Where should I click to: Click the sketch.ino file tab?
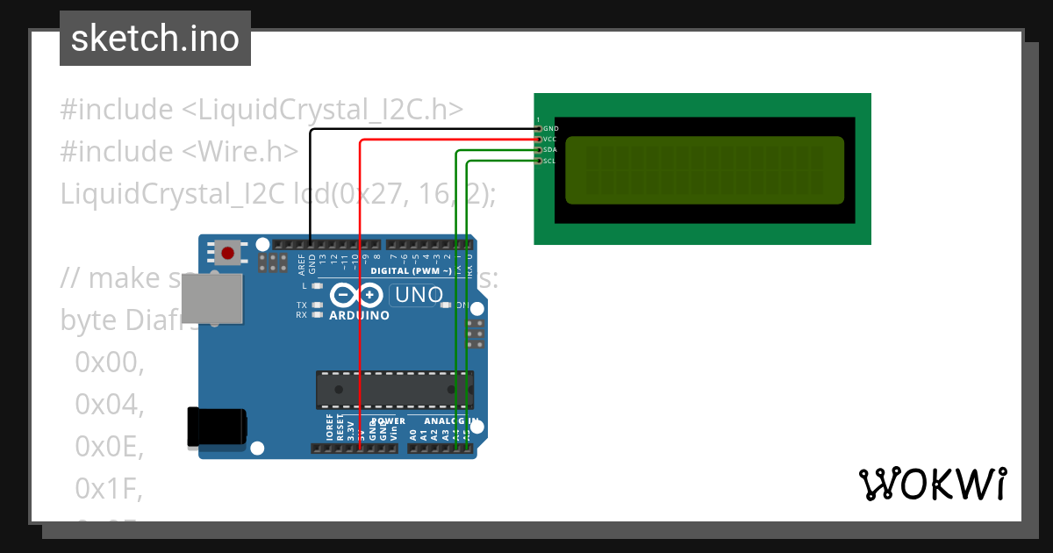pyautogui.click(x=155, y=39)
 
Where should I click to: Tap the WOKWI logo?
pyautogui.click(x=932, y=485)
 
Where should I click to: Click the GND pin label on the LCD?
pyautogui.click(x=551, y=129)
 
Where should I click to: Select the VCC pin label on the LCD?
pyautogui.click(x=550, y=140)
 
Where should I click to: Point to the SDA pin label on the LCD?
pyautogui.click(x=550, y=150)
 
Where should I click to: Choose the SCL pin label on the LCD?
pyautogui.click(x=550, y=161)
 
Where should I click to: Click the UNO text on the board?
pyautogui.click(x=419, y=295)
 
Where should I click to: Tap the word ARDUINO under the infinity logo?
pyautogui.click(x=360, y=315)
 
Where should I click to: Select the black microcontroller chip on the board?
pyautogui.click(x=395, y=390)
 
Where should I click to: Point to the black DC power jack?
pyautogui.click(x=216, y=427)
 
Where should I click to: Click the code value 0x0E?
pyautogui.click(x=109, y=447)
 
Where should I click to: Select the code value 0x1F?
pyautogui.click(x=109, y=488)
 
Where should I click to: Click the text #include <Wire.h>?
pyautogui.click(x=179, y=151)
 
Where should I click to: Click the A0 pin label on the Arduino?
pyautogui.click(x=413, y=434)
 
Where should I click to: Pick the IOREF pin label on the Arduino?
pyautogui.click(x=329, y=429)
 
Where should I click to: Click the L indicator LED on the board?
pyautogui.click(x=317, y=286)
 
